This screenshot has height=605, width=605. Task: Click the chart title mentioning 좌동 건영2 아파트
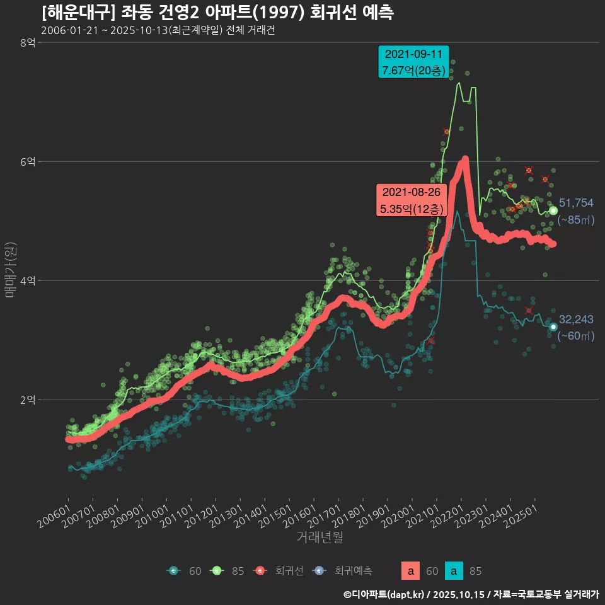(x=217, y=13)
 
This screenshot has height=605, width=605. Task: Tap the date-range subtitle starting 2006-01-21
(x=158, y=31)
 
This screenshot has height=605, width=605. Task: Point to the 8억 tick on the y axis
(x=27, y=43)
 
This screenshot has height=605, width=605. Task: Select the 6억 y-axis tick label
(x=27, y=162)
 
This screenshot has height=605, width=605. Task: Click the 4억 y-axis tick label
(x=27, y=281)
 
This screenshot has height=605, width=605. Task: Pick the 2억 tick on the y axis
(x=27, y=400)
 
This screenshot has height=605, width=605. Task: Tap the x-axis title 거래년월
(x=320, y=537)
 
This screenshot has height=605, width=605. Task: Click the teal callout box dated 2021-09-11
(x=413, y=62)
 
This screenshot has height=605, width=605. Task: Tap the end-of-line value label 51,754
(x=576, y=203)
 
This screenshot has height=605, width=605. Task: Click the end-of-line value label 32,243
(x=576, y=320)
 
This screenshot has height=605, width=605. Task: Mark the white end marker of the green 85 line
(x=553, y=210)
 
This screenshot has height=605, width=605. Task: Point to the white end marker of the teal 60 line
(x=553, y=326)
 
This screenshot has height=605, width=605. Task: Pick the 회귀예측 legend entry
(x=344, y=571)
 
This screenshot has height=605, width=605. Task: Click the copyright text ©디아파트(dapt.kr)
(x=385, y=594)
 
